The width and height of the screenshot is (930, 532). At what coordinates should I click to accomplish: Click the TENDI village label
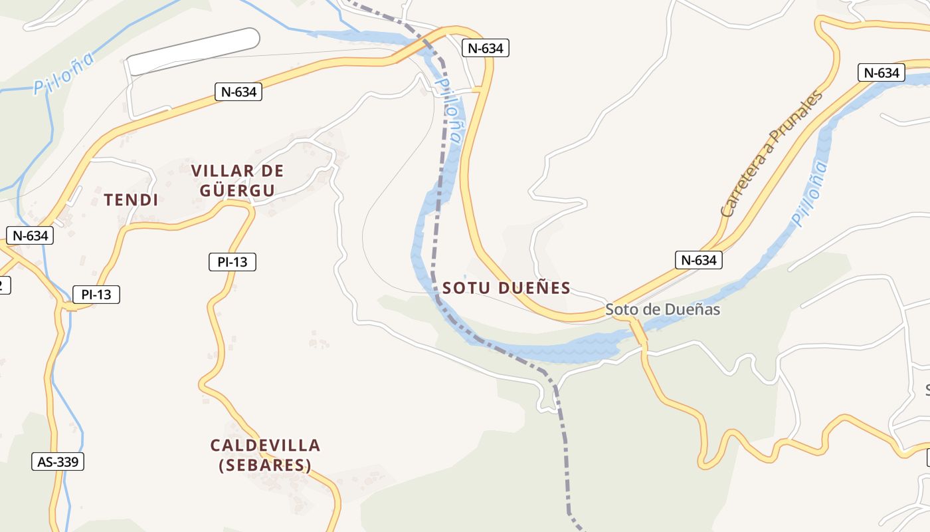131,199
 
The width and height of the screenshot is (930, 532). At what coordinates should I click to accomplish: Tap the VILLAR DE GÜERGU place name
237,181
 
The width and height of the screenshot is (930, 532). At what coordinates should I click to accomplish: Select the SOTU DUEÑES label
506,288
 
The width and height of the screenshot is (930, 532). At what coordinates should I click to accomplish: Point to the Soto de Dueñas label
662,310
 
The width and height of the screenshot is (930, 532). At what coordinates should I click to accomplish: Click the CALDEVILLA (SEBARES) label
265,455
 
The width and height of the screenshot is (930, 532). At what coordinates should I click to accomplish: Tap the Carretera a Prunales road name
772,154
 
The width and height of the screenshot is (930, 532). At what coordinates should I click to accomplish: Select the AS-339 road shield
58,462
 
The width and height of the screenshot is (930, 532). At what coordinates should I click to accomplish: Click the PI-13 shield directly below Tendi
96,295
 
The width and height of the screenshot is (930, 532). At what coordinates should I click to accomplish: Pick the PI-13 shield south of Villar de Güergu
232,262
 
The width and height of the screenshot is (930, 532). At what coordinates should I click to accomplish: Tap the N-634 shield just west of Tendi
30,235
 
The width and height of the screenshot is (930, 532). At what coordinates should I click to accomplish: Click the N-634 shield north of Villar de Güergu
238,92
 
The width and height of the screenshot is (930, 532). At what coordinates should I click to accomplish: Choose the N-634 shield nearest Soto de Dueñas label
698,260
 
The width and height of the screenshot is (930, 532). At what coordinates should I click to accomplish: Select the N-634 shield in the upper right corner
882,72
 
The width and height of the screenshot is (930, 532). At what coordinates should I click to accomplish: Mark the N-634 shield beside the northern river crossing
485,48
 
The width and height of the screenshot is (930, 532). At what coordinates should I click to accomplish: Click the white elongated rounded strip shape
193,51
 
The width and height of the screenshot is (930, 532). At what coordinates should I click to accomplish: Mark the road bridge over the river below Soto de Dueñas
639,333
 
